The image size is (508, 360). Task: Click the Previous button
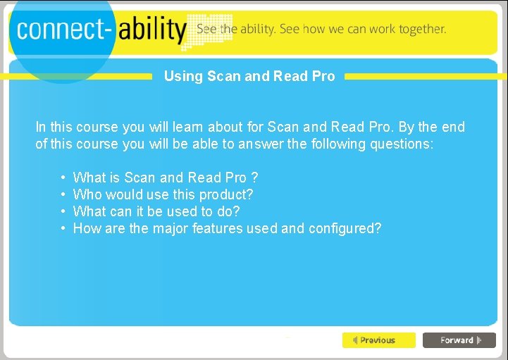[378, 340]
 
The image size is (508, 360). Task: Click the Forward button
[459, 340]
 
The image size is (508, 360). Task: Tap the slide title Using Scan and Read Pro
[249, 76]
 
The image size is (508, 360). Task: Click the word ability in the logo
[152, 30]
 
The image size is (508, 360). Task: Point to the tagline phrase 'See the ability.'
[236, 30]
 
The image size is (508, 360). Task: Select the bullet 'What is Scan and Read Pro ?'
[165, 178]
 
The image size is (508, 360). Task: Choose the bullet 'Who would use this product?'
[163, 194]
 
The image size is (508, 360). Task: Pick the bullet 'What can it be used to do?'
[156, 211]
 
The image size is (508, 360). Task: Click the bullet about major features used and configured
[227, 228]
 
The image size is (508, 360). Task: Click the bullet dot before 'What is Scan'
[63, 178]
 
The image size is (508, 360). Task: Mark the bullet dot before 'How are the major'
[63, 228]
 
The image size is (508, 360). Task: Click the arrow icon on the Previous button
[355, 340]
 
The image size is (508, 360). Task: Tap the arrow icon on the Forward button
[479, 340]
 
